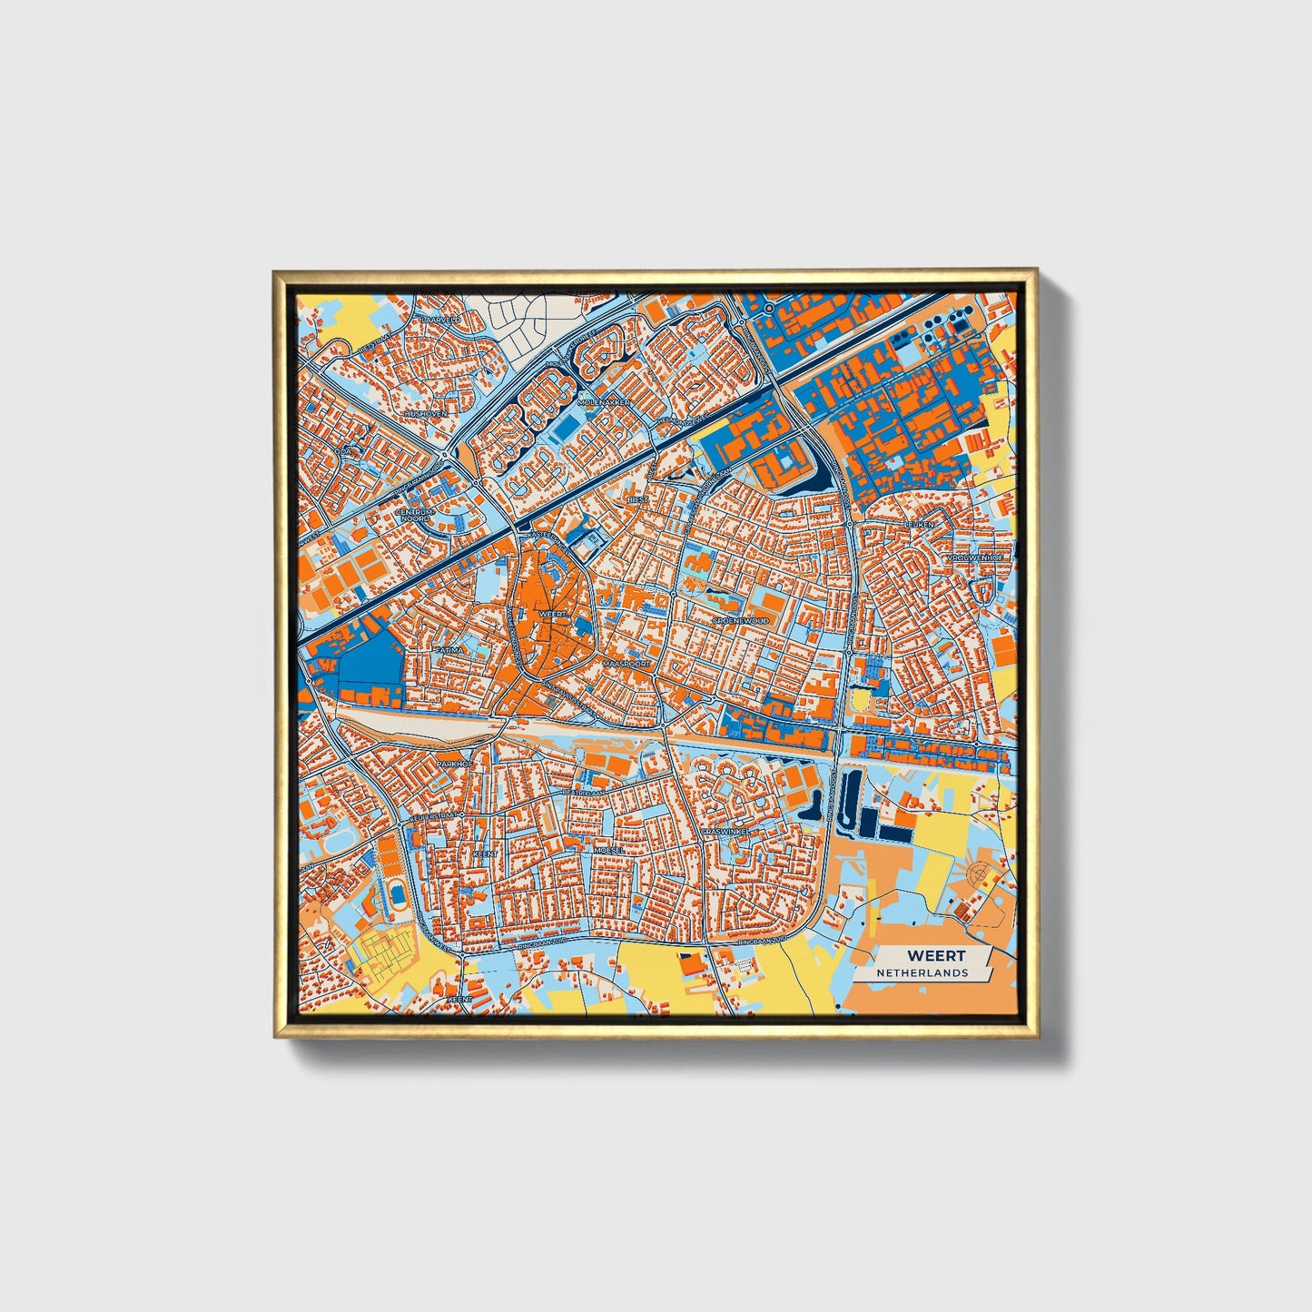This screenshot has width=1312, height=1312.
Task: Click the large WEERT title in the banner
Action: [936, 955]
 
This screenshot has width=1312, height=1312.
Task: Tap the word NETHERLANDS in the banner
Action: [922, 972]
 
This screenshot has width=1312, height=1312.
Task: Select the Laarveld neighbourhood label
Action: [441, 320]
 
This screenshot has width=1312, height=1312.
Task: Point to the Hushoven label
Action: [426, 413]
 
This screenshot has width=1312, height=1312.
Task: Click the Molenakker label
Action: [608, 401]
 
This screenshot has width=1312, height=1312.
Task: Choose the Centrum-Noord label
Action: [415, 515]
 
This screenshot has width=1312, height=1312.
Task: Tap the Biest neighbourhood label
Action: [638, 499]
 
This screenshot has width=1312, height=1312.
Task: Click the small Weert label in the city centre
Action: [552, 615]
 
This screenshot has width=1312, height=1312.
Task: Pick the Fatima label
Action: [449, 650]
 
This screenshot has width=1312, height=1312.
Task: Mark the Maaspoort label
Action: [626, 664]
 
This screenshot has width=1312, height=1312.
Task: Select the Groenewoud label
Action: [741, 620]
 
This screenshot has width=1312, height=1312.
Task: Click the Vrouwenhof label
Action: [975, 557]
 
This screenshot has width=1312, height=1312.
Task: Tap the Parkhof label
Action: [455, 765]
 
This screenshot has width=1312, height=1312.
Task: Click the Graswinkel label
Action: [725, 830]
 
